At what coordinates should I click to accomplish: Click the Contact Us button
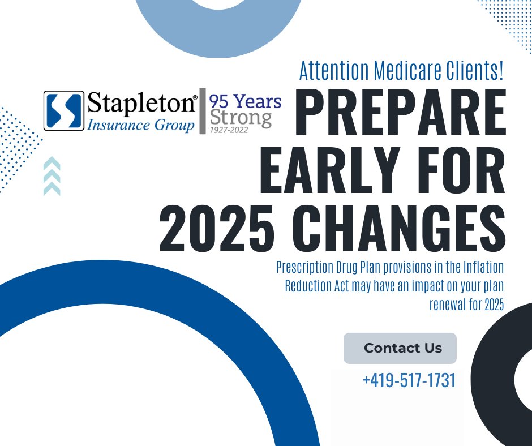[x=400, y=348]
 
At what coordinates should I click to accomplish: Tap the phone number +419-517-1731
[x=409, y=380]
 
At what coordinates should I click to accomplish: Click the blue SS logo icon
[x=64, y=111]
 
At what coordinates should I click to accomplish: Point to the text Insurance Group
[x=140, y=125]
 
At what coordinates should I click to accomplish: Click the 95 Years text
[x=245, y=101]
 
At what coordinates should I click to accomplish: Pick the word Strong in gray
[x=240, y=118]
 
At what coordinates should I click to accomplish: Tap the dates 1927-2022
[x=229, y=130]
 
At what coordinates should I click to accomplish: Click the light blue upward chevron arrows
[x=52, y=176]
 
